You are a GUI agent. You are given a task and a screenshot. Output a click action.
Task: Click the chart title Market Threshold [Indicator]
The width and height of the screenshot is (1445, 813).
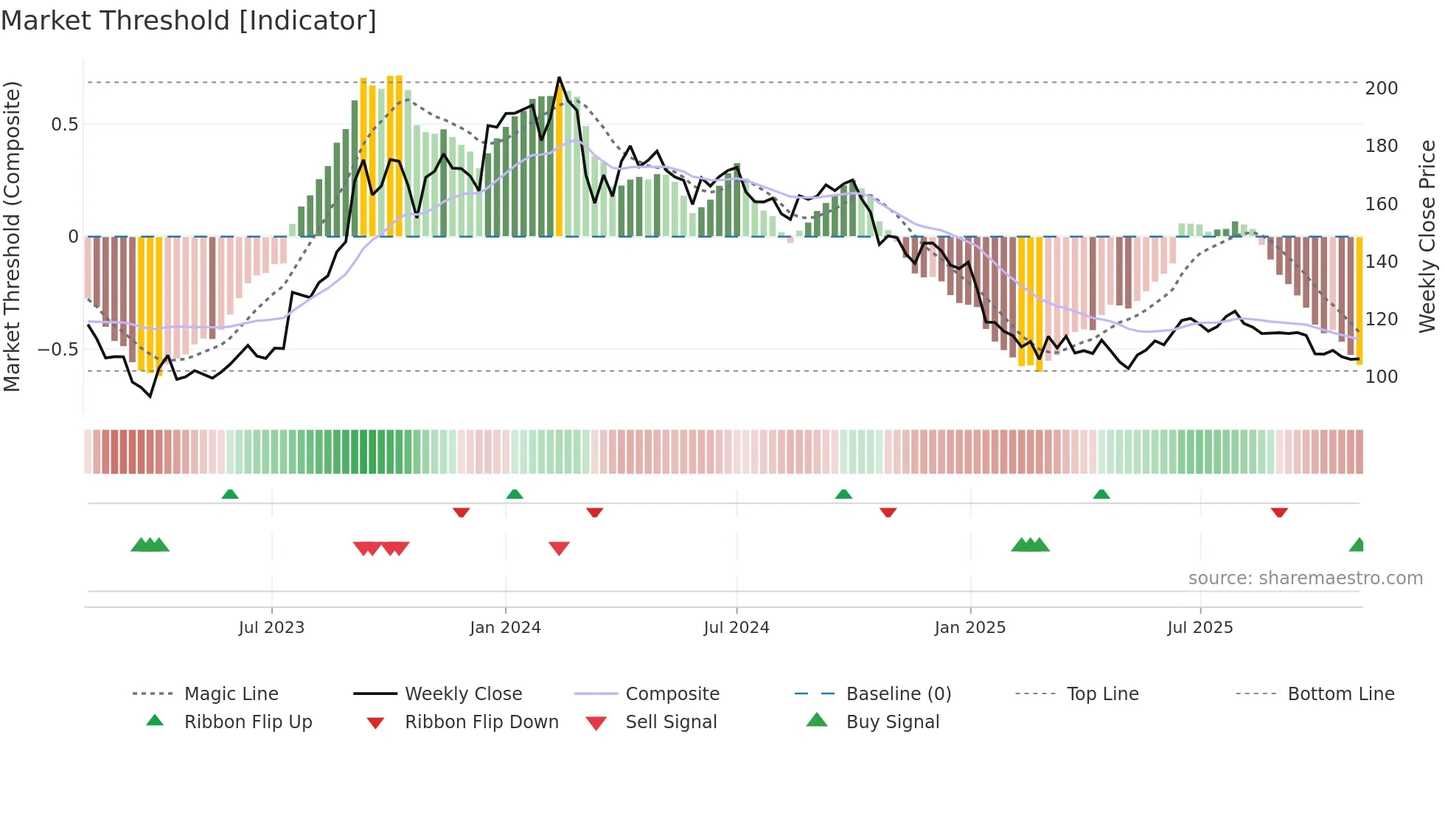pos(189,21)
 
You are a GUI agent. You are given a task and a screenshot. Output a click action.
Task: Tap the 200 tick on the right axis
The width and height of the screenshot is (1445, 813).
pos(1381,89)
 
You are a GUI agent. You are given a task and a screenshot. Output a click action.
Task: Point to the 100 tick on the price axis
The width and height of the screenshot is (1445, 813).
pos(1381,377)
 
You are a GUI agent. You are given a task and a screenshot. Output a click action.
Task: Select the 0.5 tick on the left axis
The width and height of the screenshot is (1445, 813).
pos(64,125)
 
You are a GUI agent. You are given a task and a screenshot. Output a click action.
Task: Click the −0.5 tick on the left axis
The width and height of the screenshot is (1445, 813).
pos(58,350)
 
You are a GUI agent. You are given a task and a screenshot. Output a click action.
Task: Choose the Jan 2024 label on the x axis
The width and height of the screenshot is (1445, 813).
pos(505,628)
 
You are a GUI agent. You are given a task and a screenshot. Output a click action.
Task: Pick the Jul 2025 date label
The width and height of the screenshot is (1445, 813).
pos(1199,628)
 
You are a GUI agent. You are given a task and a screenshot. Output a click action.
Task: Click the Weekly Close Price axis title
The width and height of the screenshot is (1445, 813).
pos(1427,236)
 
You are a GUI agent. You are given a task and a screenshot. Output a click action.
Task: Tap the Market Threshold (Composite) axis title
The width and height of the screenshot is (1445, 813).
pos(12,236)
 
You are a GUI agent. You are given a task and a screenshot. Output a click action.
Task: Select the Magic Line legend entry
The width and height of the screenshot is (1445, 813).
pos(231,694)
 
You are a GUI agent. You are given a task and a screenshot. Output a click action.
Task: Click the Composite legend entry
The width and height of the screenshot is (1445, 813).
pos(672,694)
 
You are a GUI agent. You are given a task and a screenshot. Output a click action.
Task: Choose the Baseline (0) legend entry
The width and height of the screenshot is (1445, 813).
pos(898,694)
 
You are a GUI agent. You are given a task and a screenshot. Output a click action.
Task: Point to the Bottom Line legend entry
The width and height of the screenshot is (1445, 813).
pos(1340,694)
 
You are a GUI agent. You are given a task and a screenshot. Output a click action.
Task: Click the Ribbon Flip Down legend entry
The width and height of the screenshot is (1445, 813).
pos(481,722)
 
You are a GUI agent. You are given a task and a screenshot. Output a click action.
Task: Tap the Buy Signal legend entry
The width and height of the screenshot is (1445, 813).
pos(892,722)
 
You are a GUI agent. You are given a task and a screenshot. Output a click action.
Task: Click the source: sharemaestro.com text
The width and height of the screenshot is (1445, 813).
pos(1305,578)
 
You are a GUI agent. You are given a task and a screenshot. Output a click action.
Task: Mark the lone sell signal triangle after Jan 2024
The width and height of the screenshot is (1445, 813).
pos(559,548)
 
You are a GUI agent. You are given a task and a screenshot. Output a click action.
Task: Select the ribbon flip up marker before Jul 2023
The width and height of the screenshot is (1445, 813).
pos(230,494)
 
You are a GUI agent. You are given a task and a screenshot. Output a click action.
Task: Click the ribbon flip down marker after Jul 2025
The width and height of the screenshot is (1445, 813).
pos(1279,512)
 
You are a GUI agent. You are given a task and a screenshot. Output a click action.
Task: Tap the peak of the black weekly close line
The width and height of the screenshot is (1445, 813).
pos(559,78)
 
